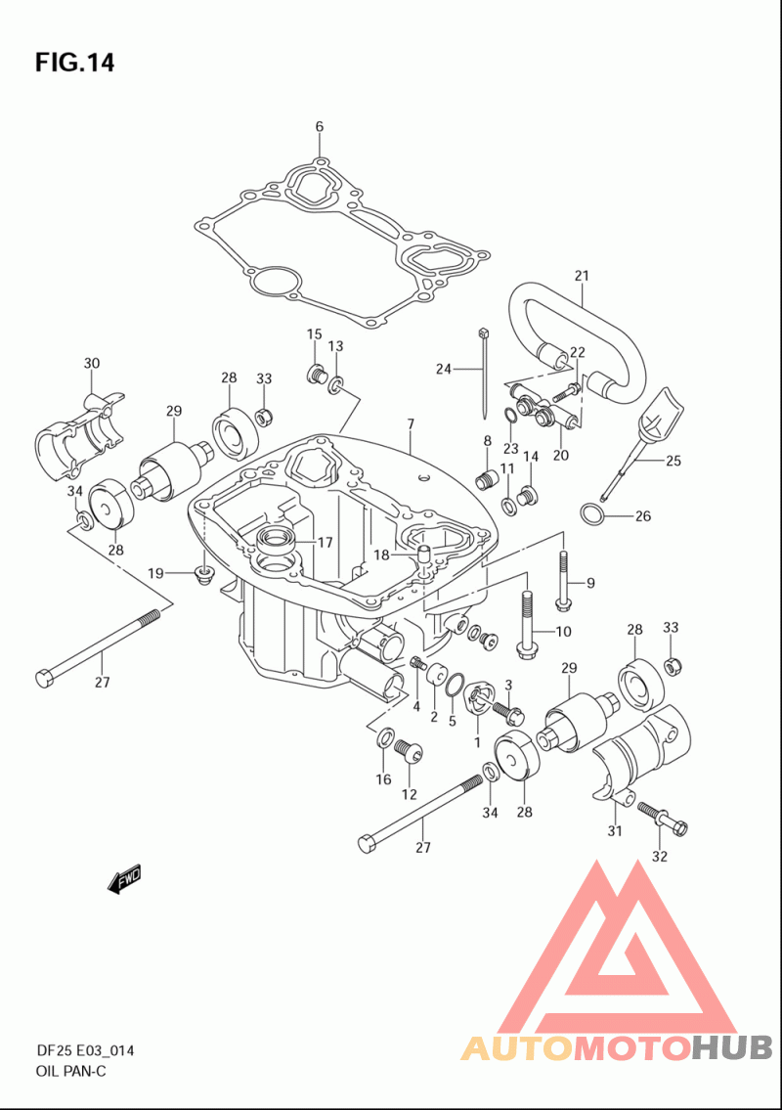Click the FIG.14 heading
pyautogui.click(x=74, y=63)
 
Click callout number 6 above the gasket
pyautogui.click(x=320, y=127)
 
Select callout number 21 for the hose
pyautogui.click(x=582, y=276)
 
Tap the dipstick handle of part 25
pyautogui.click(x=663, y=415)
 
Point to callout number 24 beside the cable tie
pyautogui.click(x=444, y=369)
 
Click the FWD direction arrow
pyautogui.click(x=124, y=878)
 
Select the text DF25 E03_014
pyautogui.click(x=85, y=1050)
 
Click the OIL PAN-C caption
pyautogui.click(x=70, y=1070)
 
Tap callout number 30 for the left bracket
pyautogui.click(x=91, y=363)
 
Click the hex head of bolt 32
pyautogui.click(x=679, y=826)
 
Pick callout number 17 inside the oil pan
pyautogui.click(x=325, y=543)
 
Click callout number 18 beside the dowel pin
pyautogui.click(x=381, y=555)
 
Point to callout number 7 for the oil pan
pyautogui.click(x=411, y=424)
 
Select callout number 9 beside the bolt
pyautogui.click(x=590, y=583)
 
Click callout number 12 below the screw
pyautogui.click(x=409, y=794)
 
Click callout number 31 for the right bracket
pyautogui.click(x=614, y=830)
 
